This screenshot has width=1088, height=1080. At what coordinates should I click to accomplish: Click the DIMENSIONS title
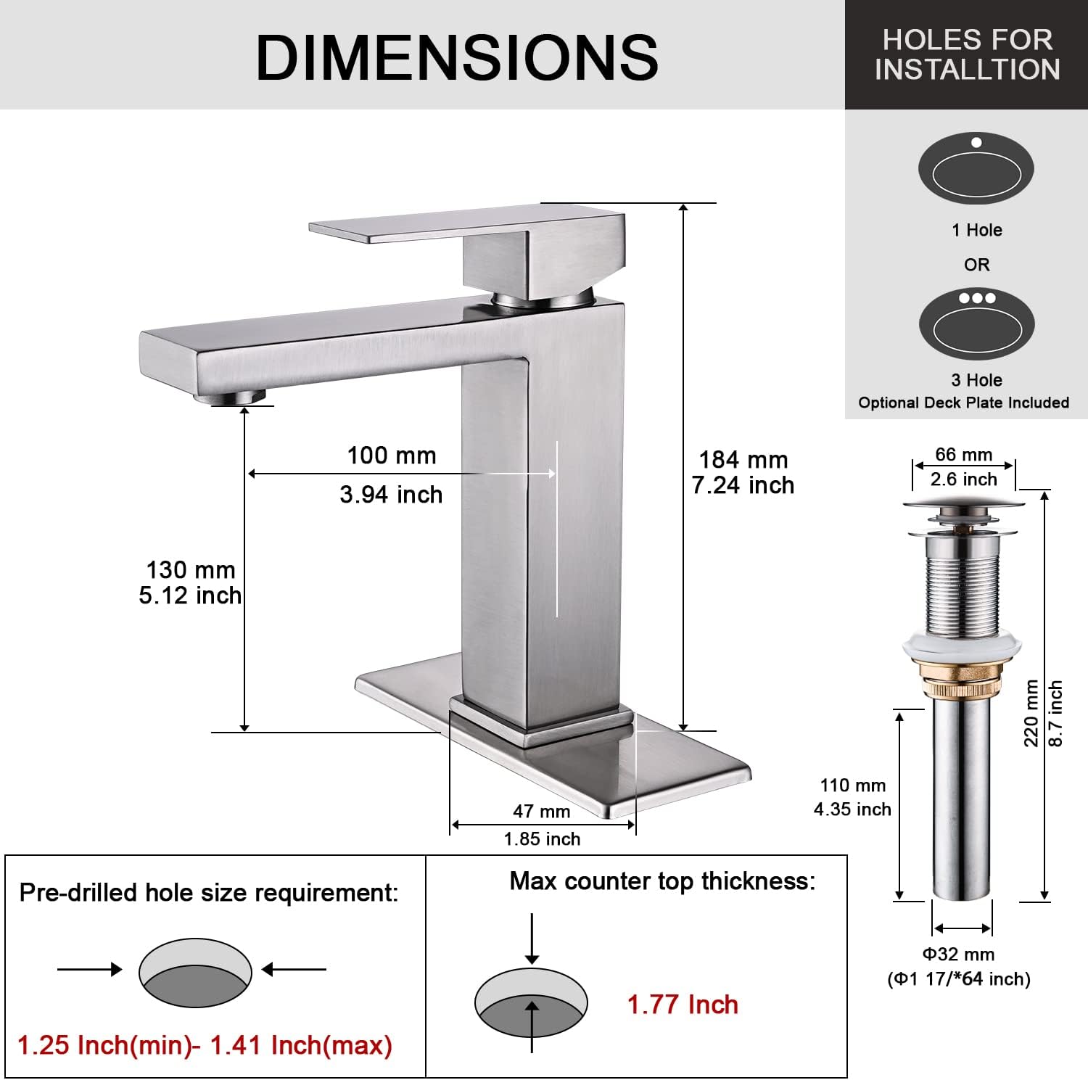click(x=457, y=57)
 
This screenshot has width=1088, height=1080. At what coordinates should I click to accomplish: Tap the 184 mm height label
click(x=743, y=460)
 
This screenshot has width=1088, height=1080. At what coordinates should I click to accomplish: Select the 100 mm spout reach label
click(x=392, y=456)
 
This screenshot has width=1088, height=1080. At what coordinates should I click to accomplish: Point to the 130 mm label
click(x=191, y=570)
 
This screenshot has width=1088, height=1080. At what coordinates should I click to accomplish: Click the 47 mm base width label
click(x=542, y=812)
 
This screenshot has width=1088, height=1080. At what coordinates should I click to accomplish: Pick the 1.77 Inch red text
click(x=683, y=1005)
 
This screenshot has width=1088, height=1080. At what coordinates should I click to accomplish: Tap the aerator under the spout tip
click(x=231, y=396)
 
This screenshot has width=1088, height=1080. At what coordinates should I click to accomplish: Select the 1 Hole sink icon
click(x=976, y=169)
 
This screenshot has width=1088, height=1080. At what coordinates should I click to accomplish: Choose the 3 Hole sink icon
click(x=976, y=323)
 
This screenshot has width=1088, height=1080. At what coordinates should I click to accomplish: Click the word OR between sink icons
click(x=976, y=265)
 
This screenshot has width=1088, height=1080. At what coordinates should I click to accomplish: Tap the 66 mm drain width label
click(x=963, y=455)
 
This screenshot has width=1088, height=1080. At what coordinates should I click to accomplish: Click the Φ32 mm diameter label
click(x=958, y=955)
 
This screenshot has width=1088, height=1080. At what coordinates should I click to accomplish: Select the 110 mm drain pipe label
click(x=853, y=786)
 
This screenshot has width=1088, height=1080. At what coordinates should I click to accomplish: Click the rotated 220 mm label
click(x=1031, y=714)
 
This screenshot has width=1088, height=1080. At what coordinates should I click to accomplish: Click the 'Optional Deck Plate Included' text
click(x=963, y=403)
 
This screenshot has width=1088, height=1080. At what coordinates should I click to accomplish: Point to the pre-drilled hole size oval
click(x=195, y=973)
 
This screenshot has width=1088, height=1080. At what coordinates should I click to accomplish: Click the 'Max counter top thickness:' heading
click(x=662, y=881)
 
